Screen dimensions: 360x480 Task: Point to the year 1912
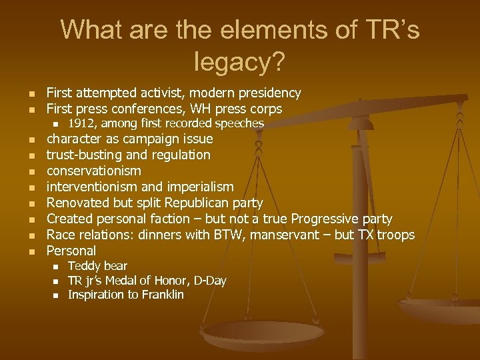(80, 124)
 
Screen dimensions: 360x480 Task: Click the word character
(74, 139)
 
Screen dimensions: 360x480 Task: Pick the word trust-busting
(84, 155)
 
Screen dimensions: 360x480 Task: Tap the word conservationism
(93, 171)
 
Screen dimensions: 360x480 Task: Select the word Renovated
(77, 203)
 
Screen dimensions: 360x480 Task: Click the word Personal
(71, 251)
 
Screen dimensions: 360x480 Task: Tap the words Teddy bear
(97, 266)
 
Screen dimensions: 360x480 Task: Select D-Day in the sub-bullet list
(207, 281)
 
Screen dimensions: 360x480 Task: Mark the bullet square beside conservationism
(31, 171)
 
